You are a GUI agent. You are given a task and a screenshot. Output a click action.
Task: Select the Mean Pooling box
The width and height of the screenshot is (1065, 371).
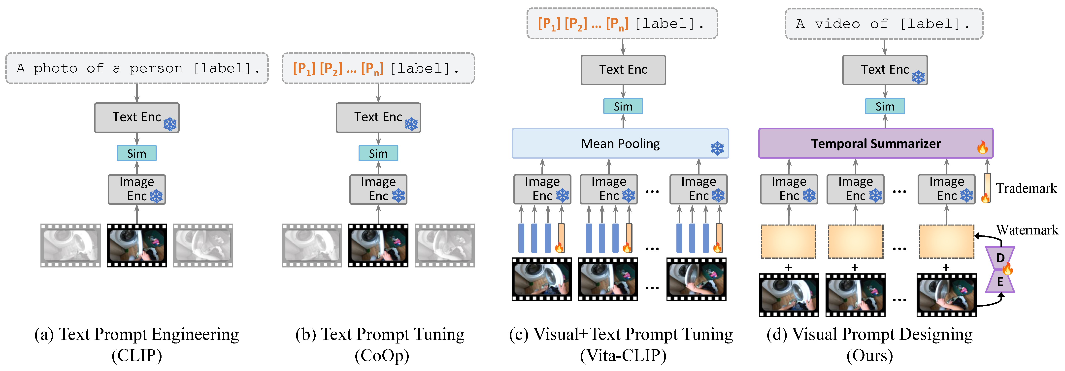pyautogui.click(x=620, y=143)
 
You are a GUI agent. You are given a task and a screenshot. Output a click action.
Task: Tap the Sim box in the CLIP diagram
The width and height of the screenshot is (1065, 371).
pyautogui.click(x=136, y=153)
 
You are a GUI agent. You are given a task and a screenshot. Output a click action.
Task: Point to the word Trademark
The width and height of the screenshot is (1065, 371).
pyautogui.click(x=1026, y=188)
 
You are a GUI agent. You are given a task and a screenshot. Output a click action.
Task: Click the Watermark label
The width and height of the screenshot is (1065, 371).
pyautogui.click(x=1027, y=230)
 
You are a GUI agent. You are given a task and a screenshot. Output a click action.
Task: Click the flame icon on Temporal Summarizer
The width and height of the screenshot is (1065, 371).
pyautogui.click(x=982, y=147)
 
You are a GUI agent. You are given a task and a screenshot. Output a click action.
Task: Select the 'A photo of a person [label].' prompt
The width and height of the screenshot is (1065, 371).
pyautogui.click(x=137, y=68)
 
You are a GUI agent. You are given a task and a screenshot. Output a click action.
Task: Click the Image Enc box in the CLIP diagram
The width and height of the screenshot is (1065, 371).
pyautogui.click(x=136, y=189)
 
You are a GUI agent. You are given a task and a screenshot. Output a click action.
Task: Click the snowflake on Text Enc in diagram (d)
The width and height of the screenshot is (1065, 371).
pyautogui.click(x=918, y=77)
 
